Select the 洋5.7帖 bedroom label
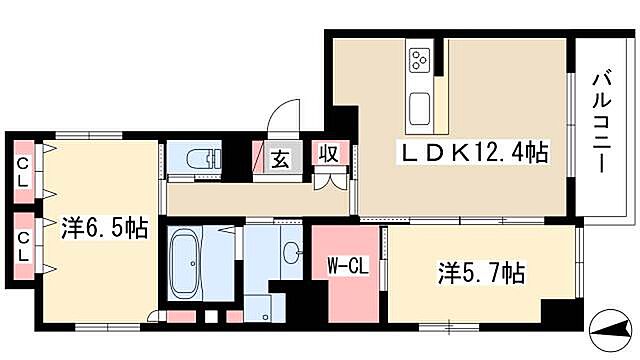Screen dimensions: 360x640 [x=481, y=272]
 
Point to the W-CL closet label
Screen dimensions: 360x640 [x=346, y=266]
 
